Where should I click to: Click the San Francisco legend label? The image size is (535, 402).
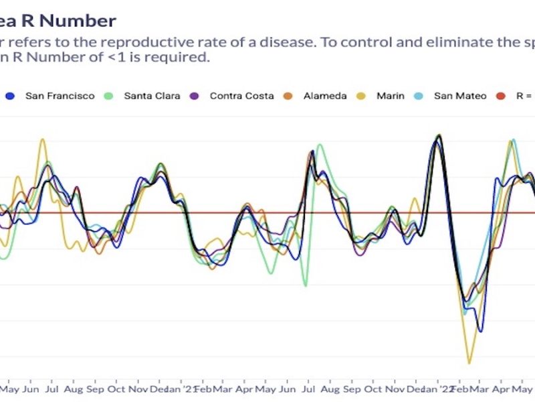pyautogui.click(x=60, y=96)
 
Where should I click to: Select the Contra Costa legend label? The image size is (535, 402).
pyautogui.click(x=241, y=96)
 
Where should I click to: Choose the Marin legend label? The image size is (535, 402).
pyautogui.click(x=390, y=96)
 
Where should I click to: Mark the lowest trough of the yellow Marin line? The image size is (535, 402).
pyautogui.click(x=469, y=363)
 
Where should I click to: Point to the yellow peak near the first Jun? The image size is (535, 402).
pyautogui.click(x=42, y=139)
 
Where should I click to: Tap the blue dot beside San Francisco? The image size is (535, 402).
pyautogui.click(x=10, y=96)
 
